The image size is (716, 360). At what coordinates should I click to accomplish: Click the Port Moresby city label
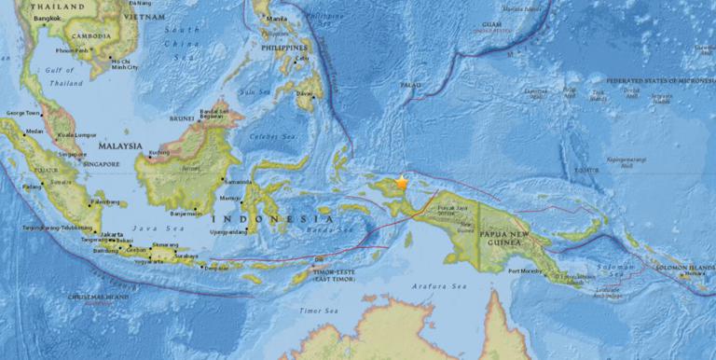[524, 272]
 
